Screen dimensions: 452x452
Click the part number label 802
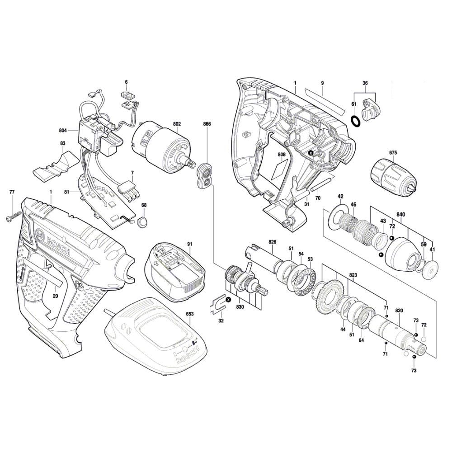pos(177,124)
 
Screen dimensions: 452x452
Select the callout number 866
pos(207,124)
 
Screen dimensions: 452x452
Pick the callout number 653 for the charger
pos(190,314)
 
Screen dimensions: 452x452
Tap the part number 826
pos(272,242)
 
